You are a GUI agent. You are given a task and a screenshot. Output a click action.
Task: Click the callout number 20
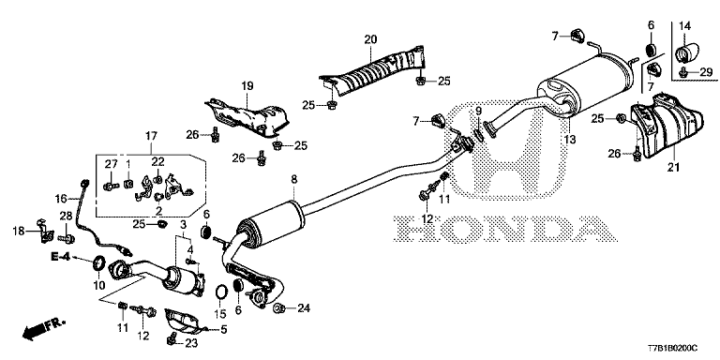369,38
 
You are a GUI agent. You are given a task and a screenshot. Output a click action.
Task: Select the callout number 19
247,86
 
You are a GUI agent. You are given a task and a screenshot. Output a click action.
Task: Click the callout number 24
303,307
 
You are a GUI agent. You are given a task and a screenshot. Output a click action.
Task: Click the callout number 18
18,231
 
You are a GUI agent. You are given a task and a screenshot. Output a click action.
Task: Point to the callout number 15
219,312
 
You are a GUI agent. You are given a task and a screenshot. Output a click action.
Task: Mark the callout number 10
98,284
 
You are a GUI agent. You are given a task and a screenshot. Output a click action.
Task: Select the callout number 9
477,112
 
